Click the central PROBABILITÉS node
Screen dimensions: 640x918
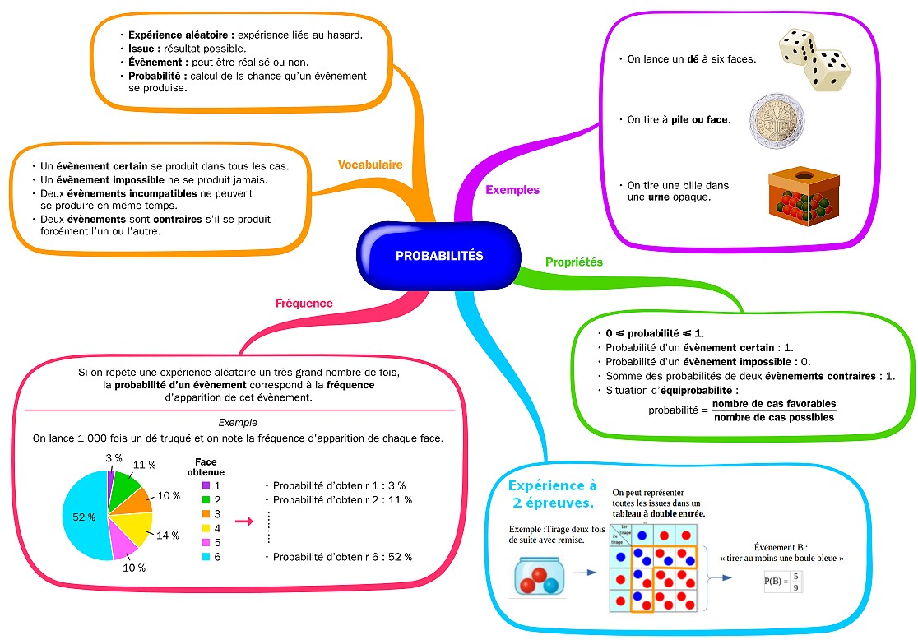point(439,256)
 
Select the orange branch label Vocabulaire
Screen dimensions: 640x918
point(370,165)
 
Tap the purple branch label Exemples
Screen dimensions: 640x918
point(512,190)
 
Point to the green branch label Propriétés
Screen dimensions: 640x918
point(574,262)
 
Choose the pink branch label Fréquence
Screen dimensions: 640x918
point(304,303)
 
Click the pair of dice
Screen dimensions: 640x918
point(814,58)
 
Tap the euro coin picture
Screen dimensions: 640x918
point(776,120)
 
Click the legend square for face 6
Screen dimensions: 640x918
point(206,557)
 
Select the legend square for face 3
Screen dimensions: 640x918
point(206,514)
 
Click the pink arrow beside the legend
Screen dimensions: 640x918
point(243,521)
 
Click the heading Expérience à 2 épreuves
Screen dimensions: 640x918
point(552,494)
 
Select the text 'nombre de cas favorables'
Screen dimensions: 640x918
point(773,404)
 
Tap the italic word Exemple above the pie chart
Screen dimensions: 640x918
point(238,422)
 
